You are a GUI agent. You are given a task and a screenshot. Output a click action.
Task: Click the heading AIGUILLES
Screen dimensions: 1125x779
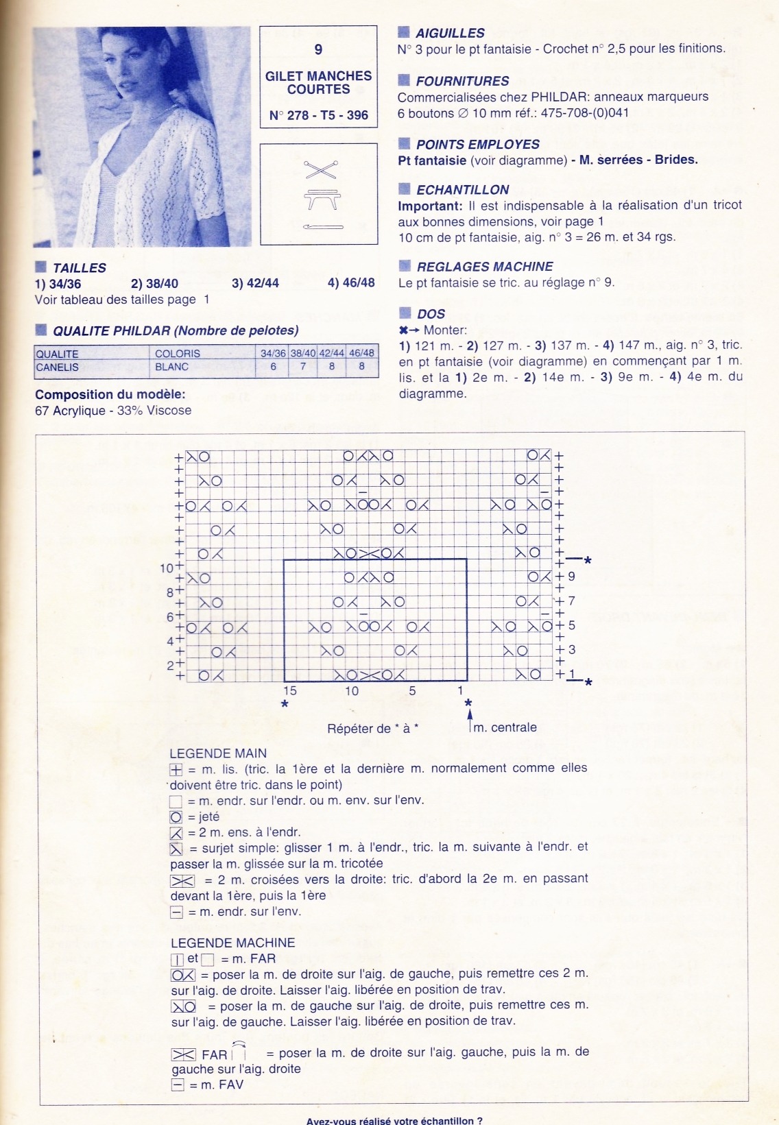tap(450, 33)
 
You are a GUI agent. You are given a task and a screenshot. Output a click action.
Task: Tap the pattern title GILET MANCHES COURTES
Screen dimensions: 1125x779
tap(318, 82)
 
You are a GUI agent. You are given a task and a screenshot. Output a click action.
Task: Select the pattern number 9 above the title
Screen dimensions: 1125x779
tap(318, 49)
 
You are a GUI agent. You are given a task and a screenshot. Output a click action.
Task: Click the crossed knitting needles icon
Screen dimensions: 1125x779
tap(320, 169)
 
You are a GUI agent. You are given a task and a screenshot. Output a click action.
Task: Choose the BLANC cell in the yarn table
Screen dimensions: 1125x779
tap(171, 367)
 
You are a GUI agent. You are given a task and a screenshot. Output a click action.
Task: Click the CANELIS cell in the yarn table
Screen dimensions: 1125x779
tap(58, 367)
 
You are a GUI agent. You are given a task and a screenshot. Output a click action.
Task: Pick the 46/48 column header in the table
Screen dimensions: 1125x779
tap(361, 353)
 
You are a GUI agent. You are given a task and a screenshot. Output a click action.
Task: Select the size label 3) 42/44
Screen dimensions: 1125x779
tap(255, 283)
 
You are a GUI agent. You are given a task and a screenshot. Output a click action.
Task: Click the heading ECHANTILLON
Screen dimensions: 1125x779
tap(463, 190)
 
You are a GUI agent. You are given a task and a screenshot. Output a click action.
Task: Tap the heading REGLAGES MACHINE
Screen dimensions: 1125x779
tap(485, 267)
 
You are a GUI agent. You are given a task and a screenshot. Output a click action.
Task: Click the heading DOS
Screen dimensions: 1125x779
tap(431, 314)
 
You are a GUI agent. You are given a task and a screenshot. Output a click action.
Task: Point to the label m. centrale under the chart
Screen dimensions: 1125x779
tap(505, 727)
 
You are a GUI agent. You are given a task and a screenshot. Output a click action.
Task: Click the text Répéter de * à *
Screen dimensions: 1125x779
tap(372, 729)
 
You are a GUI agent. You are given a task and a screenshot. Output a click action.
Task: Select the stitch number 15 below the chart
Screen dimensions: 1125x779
tap(290, 691)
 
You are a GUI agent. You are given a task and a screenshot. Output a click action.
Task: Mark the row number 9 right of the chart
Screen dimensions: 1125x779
tap(571, 577)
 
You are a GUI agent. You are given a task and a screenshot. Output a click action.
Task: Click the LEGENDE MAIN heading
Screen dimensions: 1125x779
tap(218, 753)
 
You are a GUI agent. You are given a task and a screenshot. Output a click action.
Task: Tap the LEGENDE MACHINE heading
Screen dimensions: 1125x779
tap(233, 943)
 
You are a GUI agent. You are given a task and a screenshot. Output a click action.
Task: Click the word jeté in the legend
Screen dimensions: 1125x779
tap(208, 816)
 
